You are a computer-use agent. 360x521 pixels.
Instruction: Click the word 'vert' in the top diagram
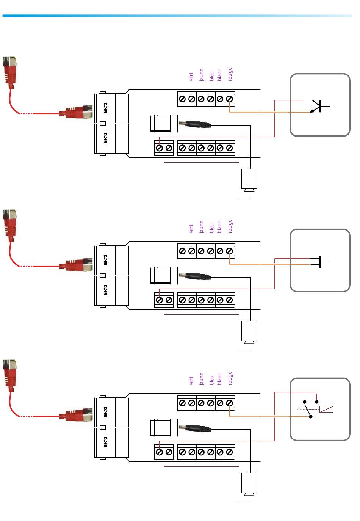click(191, 77)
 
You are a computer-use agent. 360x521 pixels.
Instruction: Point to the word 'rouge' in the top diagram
click(230, 74)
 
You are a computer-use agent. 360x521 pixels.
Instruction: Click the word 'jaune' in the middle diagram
click(202, 227)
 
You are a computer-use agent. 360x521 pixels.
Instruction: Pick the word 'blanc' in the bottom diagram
click(220, 379)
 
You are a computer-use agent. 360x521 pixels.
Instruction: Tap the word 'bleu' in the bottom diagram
click(211, 380)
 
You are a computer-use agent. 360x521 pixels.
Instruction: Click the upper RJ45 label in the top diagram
click(105, 108)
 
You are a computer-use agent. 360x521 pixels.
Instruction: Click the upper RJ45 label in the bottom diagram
click(105, 412)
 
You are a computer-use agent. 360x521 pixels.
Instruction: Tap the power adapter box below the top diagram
click(249, 179)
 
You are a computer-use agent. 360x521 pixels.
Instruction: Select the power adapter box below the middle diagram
click(249, 331)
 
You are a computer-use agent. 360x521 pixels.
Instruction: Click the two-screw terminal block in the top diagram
click(164, 148)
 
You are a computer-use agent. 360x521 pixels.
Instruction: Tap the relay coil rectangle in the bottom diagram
click(326, 409)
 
